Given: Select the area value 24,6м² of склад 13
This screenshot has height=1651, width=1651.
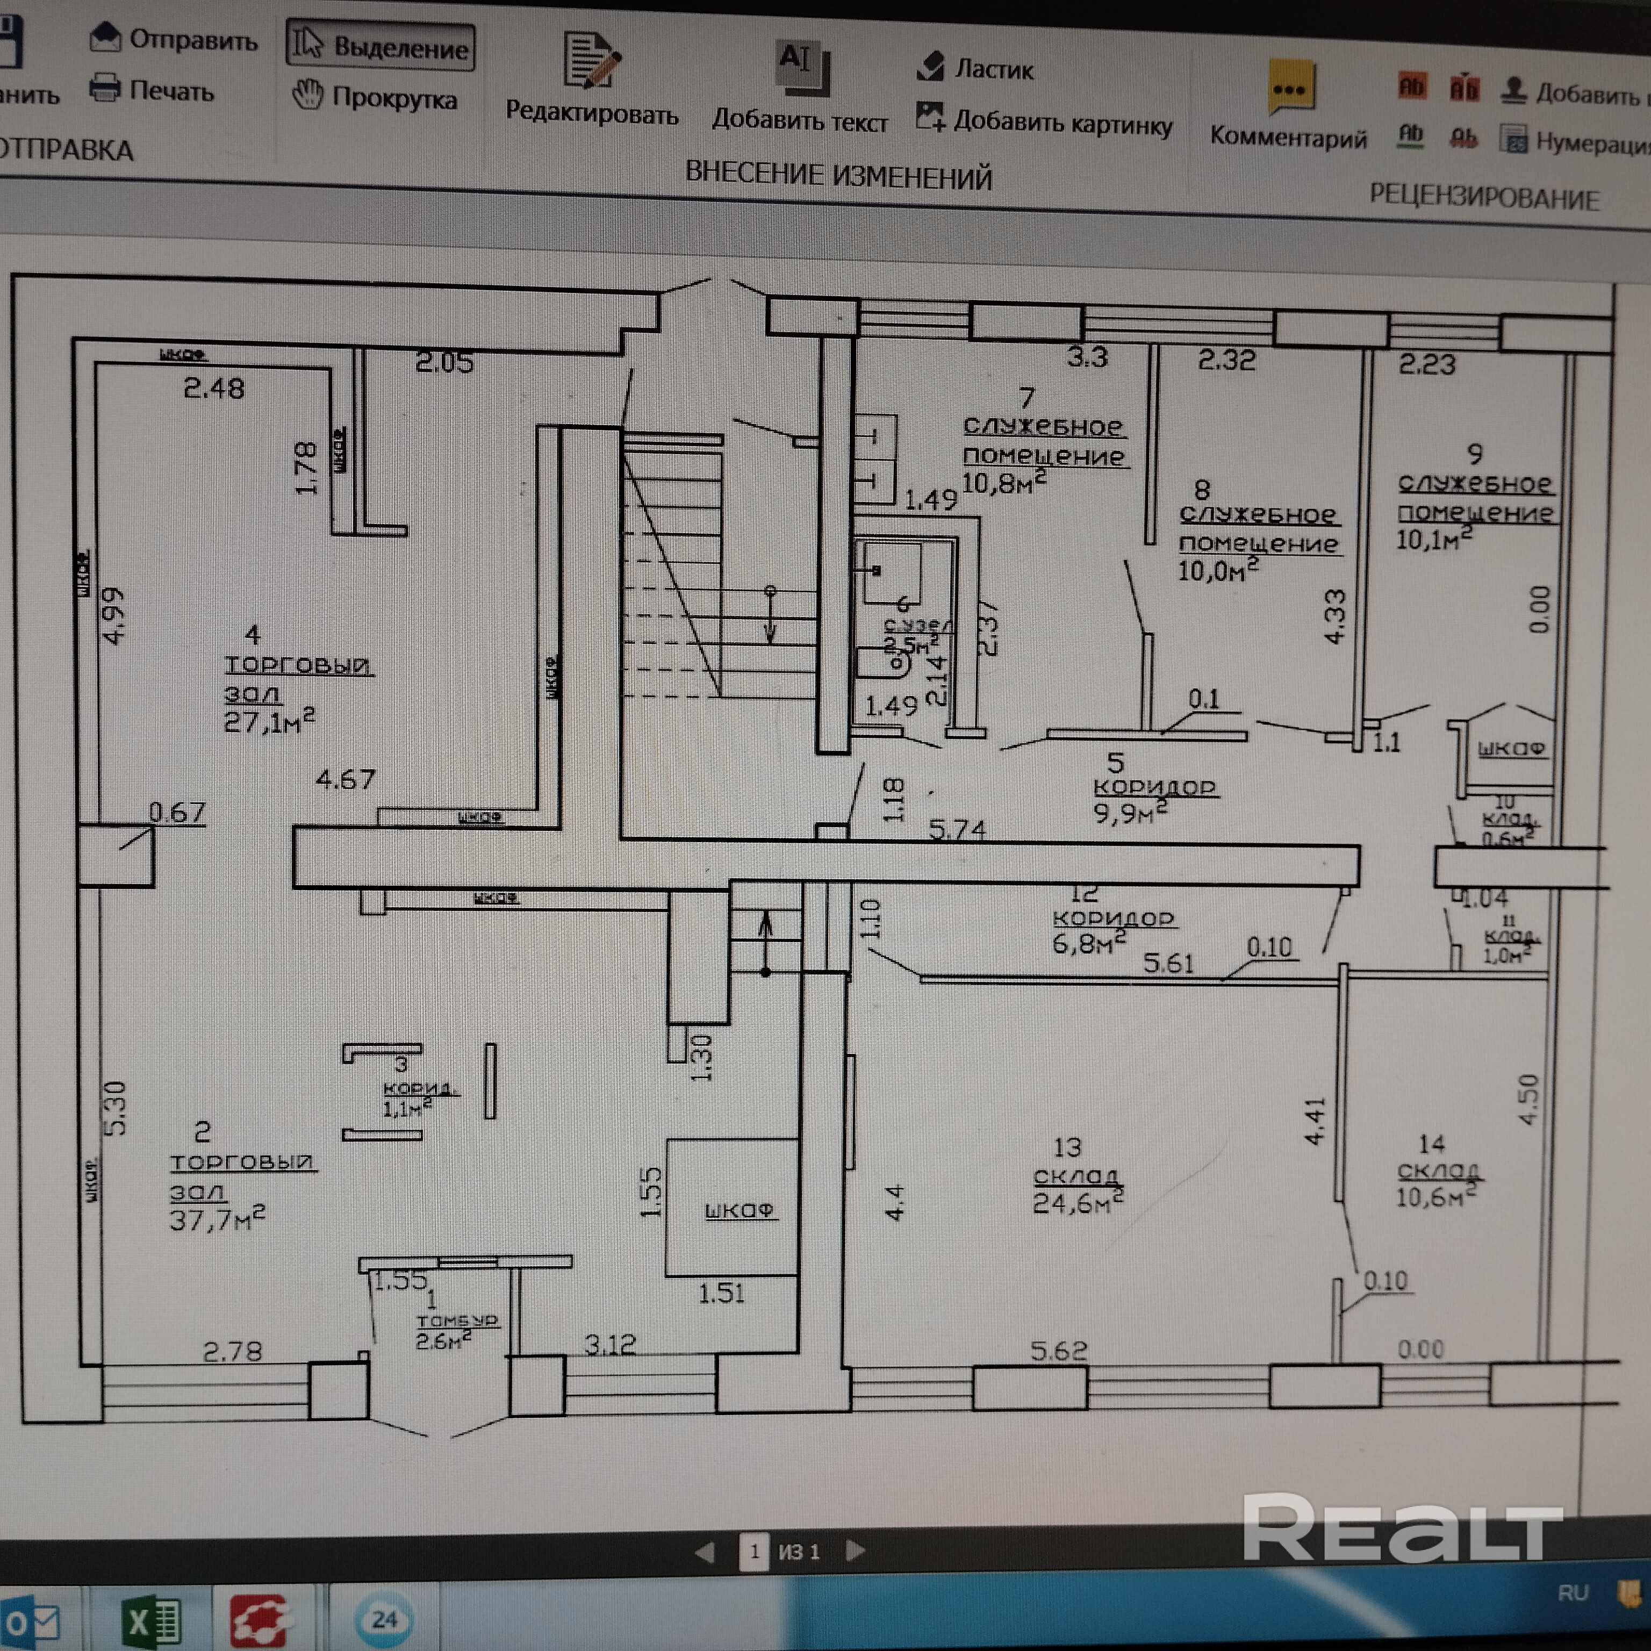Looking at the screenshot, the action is point(1076,1202).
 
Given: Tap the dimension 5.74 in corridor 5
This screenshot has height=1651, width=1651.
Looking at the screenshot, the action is point(957,829).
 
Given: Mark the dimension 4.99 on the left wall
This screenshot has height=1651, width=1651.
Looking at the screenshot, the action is point(113,615).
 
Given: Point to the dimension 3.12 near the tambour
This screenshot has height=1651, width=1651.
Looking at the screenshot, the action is point(610,1346).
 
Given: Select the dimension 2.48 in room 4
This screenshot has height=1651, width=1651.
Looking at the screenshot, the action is point(214,389).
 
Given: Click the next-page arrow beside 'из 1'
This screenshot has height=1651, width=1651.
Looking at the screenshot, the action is point(855,1550).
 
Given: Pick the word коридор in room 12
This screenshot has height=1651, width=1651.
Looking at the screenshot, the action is point(1112,918).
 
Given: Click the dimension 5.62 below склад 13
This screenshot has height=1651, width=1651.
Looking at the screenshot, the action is point(1058,1351).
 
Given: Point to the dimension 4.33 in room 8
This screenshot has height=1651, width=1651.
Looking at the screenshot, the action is point(1334,615).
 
